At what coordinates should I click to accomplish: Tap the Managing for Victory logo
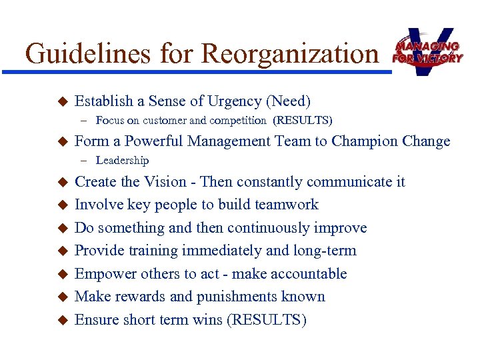(x=427, y=51)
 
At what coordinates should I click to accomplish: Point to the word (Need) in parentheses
(x=288, y=101)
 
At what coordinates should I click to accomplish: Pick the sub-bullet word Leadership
(x=122, y=160)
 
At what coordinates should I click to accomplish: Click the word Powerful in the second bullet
(x=156, y=141)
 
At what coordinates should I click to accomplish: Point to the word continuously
(x=265, y=228)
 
